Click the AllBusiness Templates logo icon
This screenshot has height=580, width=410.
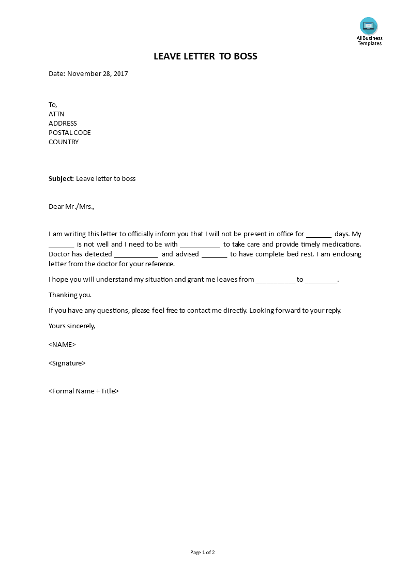coord(369,26)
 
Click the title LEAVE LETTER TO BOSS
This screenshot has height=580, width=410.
coord(205,56)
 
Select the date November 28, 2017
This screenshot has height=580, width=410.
coord(97,73)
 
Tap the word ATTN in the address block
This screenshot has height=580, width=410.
coord(56,114)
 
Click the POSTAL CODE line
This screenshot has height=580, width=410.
coord(70,132)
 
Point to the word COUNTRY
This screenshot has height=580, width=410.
coord(64,142)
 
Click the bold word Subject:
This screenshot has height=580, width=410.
coord(62,179)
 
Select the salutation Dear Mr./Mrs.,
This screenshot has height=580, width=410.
coord(72,207)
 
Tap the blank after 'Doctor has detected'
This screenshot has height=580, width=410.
coord(136,254)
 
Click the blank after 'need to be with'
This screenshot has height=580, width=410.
coord(200,245)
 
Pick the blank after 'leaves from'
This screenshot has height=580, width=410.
coord(276,280)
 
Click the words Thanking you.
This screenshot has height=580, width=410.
coord(70,295)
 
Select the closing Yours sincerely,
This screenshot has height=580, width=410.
coord(72,326)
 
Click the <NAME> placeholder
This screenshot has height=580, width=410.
coord(62,344)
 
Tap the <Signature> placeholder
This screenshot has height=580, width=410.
coord(67,363)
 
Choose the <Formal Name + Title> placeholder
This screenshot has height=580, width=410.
coord(84,391)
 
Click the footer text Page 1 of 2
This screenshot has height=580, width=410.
coord(203,552)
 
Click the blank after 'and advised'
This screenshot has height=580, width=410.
coord(214,254)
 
